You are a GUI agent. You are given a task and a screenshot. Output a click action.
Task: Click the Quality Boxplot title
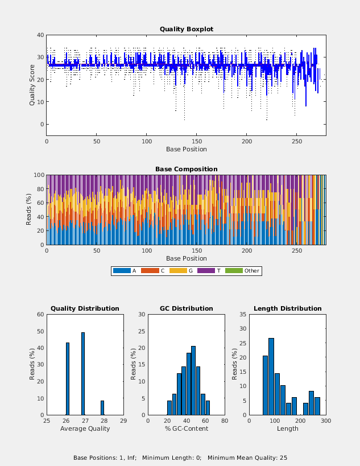(186, 29)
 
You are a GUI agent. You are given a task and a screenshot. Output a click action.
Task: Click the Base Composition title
(186, 169)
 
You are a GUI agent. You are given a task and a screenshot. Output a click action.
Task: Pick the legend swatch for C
(150, 271)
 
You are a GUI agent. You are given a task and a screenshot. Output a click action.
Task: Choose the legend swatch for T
(206, 271)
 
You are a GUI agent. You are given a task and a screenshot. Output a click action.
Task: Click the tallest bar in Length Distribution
(271, 376)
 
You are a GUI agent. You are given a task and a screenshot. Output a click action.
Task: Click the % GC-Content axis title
(186, 428)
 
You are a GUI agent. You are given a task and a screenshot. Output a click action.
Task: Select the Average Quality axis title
(85, 428)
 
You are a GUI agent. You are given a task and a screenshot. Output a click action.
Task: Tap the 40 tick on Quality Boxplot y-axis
(40, 35)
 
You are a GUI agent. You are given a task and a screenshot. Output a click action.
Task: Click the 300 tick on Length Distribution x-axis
(326, 421)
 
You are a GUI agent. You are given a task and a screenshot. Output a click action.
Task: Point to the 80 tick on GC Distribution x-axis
(225, 421)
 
